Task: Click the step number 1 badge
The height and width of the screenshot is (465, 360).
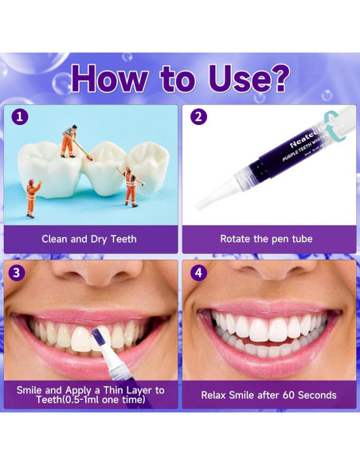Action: (x=18, y=117)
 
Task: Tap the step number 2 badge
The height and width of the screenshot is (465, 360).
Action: (x=198, y=117)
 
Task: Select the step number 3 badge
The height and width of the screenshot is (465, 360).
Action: (x=18, y=272)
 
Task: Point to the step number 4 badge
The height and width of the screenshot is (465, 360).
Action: (x=198, y=272)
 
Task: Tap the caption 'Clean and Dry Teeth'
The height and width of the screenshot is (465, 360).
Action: (x=89, y=239)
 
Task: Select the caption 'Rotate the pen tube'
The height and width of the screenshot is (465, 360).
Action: (x=266, y=239)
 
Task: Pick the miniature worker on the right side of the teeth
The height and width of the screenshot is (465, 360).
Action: (x=130, y=184)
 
